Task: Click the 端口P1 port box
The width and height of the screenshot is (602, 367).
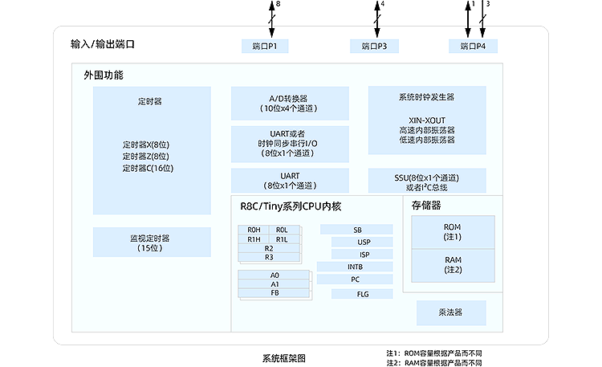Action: pos(264,46)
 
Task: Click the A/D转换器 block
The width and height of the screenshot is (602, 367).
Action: pos(290,104)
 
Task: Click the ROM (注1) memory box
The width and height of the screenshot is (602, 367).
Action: pos(453,232)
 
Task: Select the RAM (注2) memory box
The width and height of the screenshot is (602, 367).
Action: pos(453,265)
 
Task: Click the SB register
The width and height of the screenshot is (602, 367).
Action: pos(357,230)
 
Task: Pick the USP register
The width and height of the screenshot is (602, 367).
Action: pos(364,242)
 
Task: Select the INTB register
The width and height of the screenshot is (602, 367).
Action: pos(355,267)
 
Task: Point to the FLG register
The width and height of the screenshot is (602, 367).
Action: pos(363,294)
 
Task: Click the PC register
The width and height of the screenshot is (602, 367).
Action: pos(355,279)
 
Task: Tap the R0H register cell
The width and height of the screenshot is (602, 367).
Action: pos(254,230)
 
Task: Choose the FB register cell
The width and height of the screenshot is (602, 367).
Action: pos(275,293)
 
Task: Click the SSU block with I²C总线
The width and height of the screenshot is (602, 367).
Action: pos(426,181)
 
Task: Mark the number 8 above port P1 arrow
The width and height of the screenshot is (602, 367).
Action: pos(279,5)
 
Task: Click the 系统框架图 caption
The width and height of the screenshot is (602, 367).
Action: pos(284,358)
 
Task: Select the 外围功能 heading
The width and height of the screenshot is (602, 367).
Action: pos(104,75)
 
